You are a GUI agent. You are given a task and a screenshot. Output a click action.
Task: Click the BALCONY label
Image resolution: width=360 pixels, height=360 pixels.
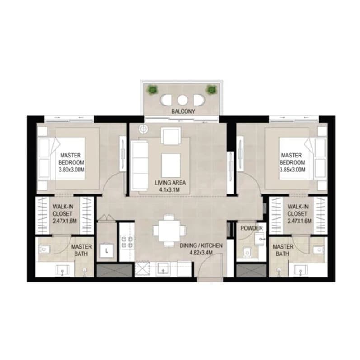(x=183, y=111)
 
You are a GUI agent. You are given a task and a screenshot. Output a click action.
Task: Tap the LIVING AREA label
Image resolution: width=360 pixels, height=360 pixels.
(x=170, y=183)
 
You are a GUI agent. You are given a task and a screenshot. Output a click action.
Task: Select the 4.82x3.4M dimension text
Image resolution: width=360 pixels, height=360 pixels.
(x=201, y=253)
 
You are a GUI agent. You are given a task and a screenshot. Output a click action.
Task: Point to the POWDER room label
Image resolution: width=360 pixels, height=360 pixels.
(x=252, y=228)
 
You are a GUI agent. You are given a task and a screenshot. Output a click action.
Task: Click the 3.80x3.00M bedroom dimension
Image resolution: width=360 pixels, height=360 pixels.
(x=71, y=170)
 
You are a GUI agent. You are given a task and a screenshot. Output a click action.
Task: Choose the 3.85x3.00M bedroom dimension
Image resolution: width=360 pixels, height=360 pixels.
(x=292, y=170)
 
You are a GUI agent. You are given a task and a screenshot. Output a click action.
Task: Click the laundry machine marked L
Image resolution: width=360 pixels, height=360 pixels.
(x=107, y=250)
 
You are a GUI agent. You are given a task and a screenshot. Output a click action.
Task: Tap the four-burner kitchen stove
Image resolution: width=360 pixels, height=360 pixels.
(x=127, y=241)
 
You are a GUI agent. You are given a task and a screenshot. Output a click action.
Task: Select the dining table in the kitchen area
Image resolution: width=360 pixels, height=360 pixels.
(x=169, y=231)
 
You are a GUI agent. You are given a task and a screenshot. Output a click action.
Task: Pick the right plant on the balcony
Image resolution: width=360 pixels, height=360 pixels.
(x=211, y=89)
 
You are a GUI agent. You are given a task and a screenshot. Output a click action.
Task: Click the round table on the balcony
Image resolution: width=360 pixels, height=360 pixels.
(x=182, y=100)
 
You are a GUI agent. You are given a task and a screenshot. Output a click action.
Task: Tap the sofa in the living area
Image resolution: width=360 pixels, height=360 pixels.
(x=139, y=166)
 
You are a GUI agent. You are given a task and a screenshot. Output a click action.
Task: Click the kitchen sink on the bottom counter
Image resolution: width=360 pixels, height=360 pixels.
(x=163, y=269)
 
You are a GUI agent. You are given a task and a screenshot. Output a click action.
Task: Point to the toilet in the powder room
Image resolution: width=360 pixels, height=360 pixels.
(x=247, y=253)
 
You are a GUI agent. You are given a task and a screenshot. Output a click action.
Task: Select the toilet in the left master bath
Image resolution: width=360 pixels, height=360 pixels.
(x=44, y=249)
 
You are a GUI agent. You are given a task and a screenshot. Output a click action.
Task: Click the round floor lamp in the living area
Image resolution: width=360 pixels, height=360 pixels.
(x=143, y=129)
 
